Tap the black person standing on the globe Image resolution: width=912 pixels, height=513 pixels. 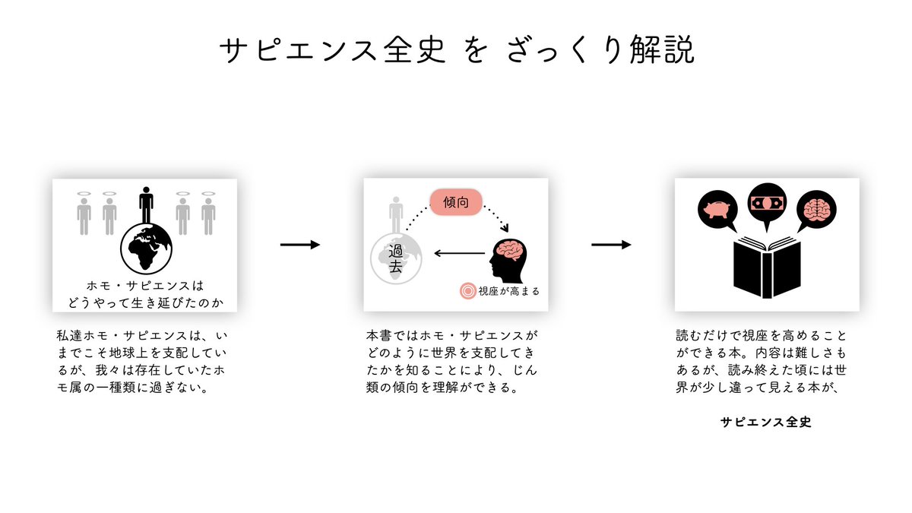[146, 205]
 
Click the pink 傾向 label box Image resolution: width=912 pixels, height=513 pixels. [455, 203]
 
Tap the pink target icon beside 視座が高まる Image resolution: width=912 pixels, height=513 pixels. [468, 290]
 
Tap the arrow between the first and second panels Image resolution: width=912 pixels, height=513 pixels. [300, 244]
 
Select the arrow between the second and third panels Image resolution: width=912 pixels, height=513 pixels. [611, 244]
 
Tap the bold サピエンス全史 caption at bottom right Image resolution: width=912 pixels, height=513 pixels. [765, 423]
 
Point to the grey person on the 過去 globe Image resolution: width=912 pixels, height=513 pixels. [395, 215]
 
